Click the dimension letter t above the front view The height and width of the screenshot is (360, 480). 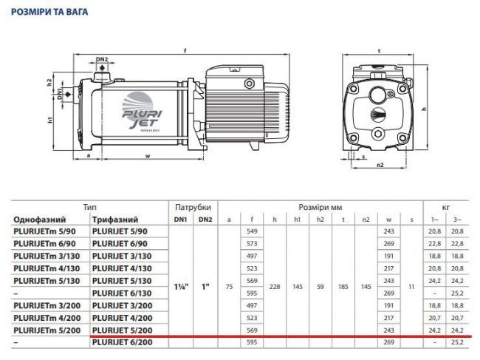(x=378, y=51)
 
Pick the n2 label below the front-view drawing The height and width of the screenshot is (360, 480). (x=380, y=166)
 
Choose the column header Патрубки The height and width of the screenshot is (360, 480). (x=194, y=208)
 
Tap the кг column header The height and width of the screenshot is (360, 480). (x=445, y=208)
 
